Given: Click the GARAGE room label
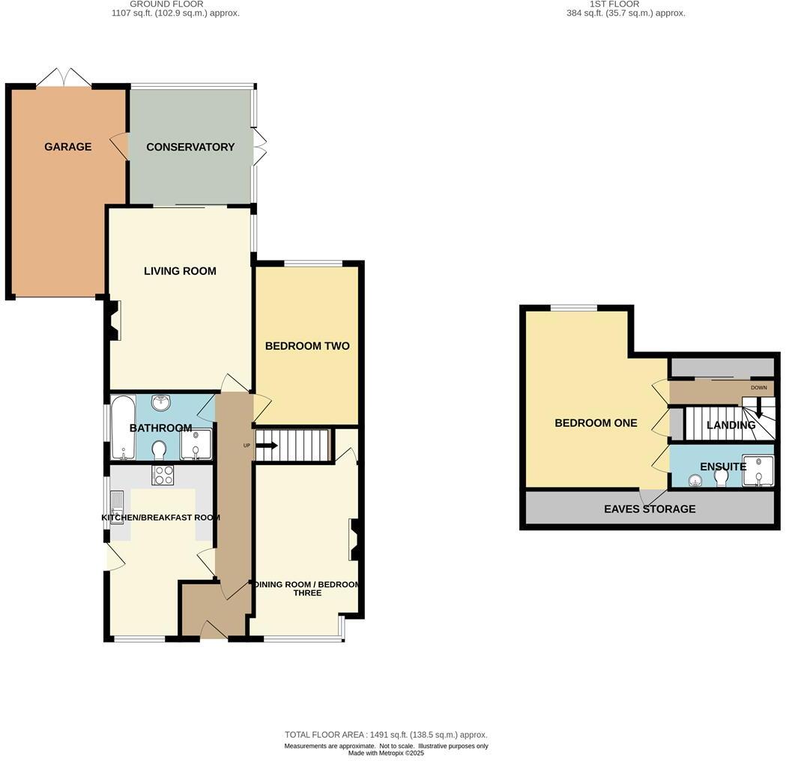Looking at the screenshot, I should pyautogui.click(x=67, y=147).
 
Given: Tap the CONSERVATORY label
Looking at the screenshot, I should pyautogui.click(x=190, y=147).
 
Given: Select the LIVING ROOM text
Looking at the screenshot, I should pyautogui.click(x=180, y=271).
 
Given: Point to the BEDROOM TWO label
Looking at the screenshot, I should pyautogui.click(x=307, y=346).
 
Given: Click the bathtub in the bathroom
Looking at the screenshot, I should pyautogui.click(x=122, y=429).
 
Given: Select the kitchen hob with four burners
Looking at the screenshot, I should pyautogui.click(x=163, y=475).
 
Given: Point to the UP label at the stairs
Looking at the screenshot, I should pyautogui.click(x=247, y=446).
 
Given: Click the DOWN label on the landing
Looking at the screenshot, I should pyautogui.click(x=758, y=388).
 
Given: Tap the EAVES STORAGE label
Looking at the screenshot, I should pyautogui.click(x=650, y=509).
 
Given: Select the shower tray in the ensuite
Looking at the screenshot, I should pyautogui.click(x=758, y=470).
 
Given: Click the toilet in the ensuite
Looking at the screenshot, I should pyautogui.click(x=722, y=477).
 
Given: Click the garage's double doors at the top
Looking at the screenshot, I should pyautogui.click(x=64, y=77).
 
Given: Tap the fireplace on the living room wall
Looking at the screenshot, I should pyautogui.click(x=113, y=321).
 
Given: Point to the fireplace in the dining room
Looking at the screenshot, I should pyautogui.click(x=356, y=540).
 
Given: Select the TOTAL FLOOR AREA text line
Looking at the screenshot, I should pyautogui.click(x=386, y=735).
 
